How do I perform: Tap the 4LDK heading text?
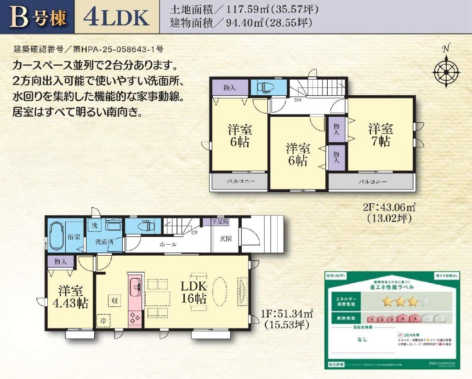click(117, 17)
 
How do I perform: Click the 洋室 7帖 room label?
click(381, 135)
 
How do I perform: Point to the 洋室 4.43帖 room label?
click(71, 297)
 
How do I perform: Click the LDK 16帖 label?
click(193, 292)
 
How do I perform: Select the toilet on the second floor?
click(266, 86)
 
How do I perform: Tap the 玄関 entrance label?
click(225, 239)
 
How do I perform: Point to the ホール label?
click(168, 245)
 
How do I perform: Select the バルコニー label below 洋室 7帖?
click(372, 182)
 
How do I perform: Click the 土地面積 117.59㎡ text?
click(244, 9)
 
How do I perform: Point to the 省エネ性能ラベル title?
click(386, 287)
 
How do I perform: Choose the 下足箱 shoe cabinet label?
click(220, 222)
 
